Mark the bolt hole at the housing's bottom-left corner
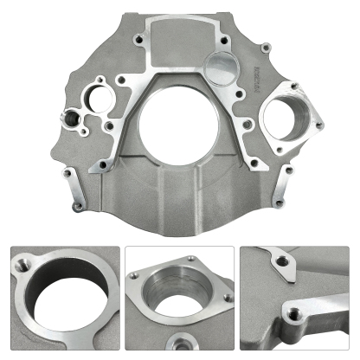(76, 206)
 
